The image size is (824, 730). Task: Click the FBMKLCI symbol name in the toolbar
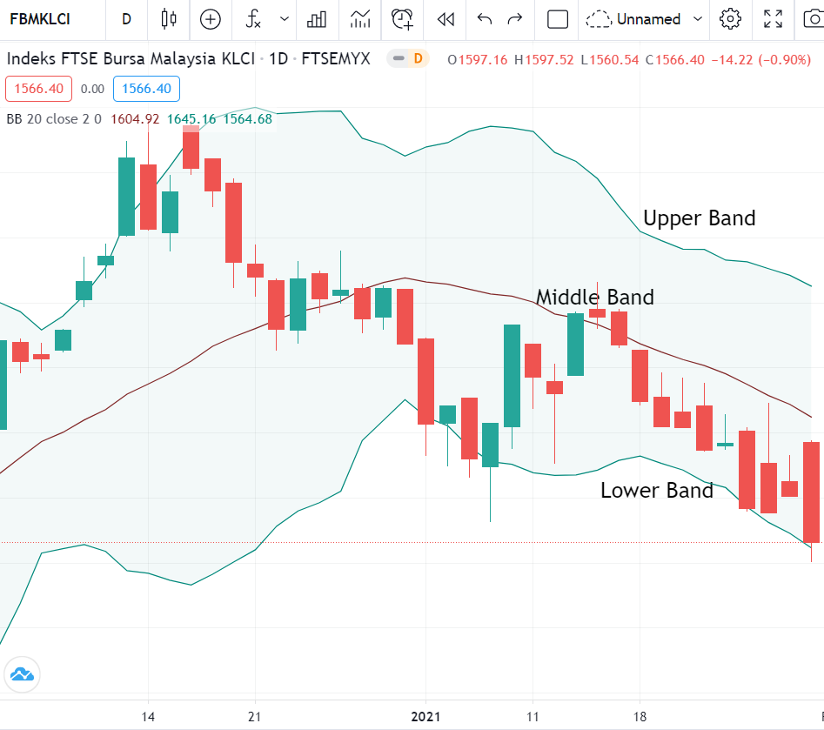click(x=40, y=19)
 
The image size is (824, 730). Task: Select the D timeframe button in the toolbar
click(x=127, y=19)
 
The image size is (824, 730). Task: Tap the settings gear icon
click(x=731, y=19)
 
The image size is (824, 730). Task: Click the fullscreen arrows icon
click(x=773, y=19)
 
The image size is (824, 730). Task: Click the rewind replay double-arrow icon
click(x=445, y=19)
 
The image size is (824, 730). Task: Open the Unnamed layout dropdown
click(x=645, y=19)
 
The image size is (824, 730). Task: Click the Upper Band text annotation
click(x=699, y=218)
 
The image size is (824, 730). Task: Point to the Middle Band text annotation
click(x=594, y=298)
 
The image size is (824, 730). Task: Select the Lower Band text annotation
click(x=656, y=491)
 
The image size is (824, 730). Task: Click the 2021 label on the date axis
click(x=425, y=718)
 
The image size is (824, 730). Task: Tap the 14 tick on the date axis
click(x=148, y=718)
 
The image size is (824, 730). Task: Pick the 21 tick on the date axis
click(x=255, y=718)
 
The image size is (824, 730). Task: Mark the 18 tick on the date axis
click(x=640, y=718)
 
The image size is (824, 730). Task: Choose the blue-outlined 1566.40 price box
click(x=146, y=89)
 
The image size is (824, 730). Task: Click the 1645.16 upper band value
click(x=191, y=119)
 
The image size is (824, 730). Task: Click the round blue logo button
click(x=21, y=673)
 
